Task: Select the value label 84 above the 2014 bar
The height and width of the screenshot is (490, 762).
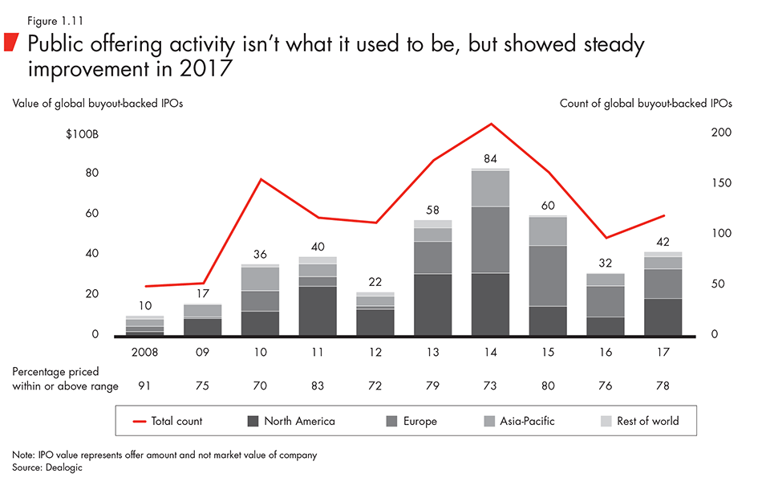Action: pos(491,158)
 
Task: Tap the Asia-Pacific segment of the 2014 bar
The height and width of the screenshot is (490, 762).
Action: pos(491,189)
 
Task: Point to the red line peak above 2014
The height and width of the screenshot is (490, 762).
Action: pos(491,125)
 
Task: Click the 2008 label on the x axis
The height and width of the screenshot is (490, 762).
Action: pos(144,351)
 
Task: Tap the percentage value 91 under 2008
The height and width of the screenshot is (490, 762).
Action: pos(144,386)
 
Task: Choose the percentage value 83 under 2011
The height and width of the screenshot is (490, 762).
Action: pos(318,386)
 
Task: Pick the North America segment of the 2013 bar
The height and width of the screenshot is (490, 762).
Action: pos(433,304)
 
